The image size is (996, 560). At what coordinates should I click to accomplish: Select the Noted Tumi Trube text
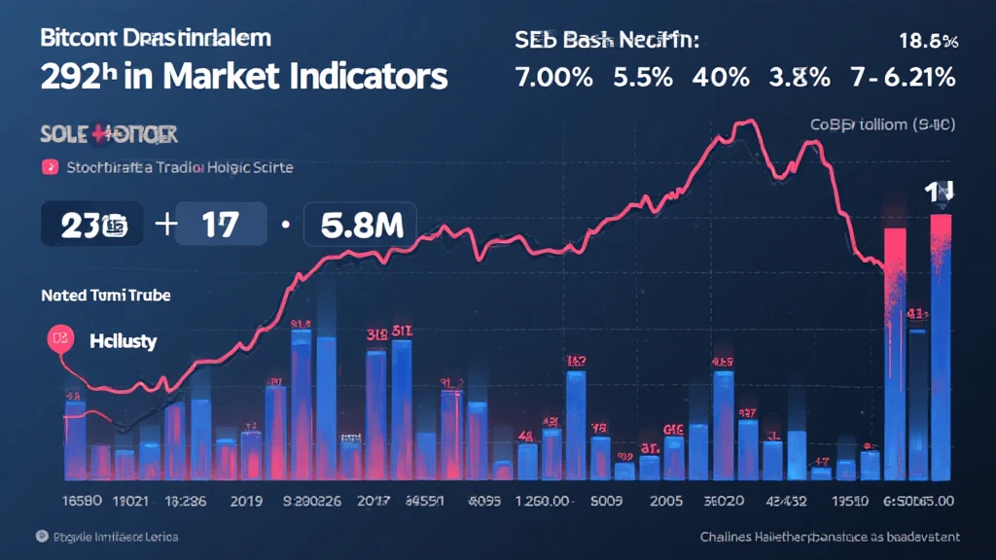coord(105,295)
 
